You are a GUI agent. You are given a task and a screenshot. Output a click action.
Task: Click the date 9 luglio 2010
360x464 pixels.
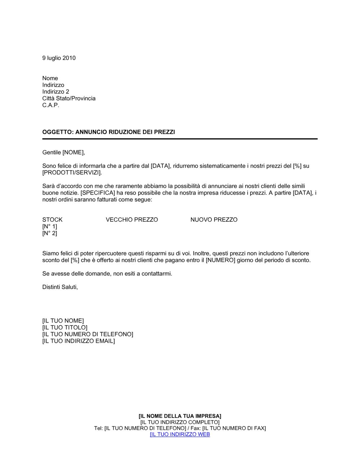[59, 58]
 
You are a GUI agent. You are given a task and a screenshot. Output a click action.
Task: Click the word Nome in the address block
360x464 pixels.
[50, 78]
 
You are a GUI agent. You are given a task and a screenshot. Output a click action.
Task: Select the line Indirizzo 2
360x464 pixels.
[55, 92]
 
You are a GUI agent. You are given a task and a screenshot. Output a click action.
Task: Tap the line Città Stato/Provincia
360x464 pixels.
[69, 98]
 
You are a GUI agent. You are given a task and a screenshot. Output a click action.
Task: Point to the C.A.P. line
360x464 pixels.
[51, 105]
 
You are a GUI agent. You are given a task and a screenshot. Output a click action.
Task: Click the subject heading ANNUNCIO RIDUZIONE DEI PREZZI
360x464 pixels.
[108, 132]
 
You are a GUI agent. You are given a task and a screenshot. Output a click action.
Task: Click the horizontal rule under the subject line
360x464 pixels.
[180, 139]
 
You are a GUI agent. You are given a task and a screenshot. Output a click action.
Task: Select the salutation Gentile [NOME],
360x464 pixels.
[64, 153]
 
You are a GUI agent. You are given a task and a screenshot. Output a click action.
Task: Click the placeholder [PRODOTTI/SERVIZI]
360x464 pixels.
[72, 173]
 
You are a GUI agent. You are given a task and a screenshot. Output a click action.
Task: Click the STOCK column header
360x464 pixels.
[52, 220]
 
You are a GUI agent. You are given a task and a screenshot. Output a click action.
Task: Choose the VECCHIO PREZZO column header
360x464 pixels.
[132, 220]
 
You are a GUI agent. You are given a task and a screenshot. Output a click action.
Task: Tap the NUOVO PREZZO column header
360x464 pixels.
[214, 220]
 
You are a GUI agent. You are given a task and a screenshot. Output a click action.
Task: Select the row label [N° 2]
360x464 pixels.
[50, 233]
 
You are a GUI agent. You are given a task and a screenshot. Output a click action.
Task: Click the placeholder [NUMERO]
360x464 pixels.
[220, 260]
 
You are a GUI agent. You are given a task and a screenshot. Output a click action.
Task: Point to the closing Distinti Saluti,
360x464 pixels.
[60, 287]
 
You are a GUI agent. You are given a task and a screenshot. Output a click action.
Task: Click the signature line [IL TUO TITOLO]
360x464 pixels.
[65, 328]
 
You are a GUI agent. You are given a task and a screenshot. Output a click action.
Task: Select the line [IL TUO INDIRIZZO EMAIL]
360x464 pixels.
[78, 341]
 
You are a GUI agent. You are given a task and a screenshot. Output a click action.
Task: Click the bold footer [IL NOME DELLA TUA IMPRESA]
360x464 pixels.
[180, 416]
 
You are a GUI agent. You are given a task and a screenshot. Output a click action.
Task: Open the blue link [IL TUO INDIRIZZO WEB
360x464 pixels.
[180, 434]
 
